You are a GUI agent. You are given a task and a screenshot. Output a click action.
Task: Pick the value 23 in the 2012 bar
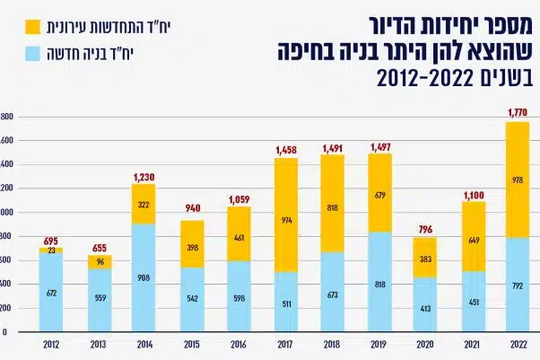(50, 251)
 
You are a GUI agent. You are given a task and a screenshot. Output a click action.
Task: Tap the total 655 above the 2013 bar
(98, 247)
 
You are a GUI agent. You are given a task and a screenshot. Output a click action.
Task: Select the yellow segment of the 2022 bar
(517, 180)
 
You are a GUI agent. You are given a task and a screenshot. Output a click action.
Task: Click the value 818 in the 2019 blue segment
(378, 283)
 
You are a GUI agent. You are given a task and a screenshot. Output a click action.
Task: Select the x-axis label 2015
(191, 344)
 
